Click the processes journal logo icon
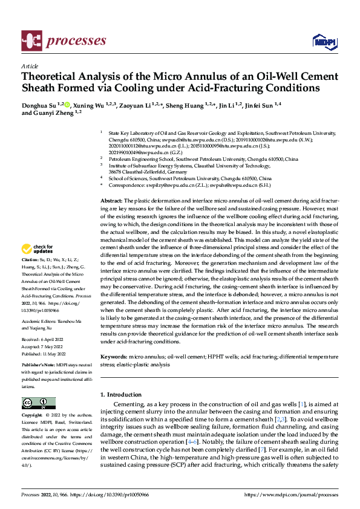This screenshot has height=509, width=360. click(31, 40)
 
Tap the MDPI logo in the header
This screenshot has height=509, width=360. click(324, 41)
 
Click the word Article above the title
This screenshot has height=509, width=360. click(30, 66)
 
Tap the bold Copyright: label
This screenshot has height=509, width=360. click(33, 417)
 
